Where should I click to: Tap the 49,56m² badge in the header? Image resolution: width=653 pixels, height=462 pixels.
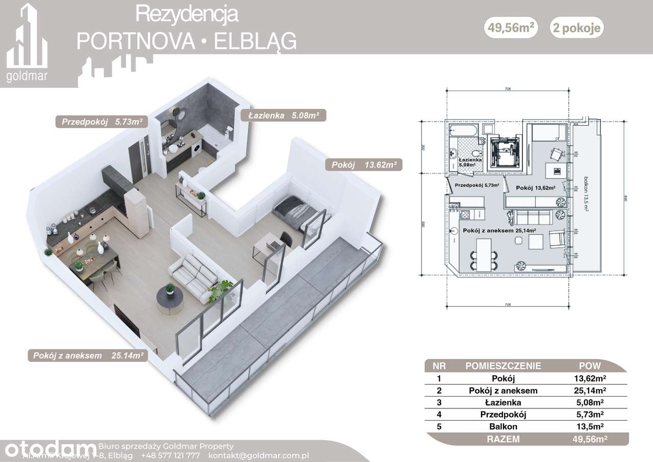(x=513, y=28)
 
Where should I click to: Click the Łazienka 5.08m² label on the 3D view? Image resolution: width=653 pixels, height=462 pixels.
(x=283, y=115)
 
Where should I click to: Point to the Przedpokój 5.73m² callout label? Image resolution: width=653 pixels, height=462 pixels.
(x=102, y=121)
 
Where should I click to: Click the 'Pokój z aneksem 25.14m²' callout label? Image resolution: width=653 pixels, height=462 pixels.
(x=87, y=355)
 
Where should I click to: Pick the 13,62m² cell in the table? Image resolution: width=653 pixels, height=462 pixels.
(x=589, y=378)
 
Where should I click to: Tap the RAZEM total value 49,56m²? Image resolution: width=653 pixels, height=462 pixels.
(x=589, y=439)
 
